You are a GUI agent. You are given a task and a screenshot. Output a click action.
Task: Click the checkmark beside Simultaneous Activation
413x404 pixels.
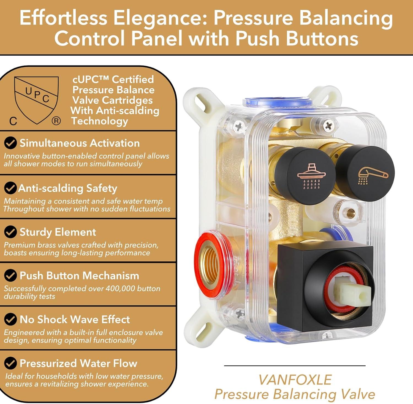(x=10, y=143)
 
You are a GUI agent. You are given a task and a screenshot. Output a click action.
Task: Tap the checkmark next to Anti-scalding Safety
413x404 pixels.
(x=10, y=188)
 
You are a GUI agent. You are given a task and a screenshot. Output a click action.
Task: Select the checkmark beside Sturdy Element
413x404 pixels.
(x=10, y=232)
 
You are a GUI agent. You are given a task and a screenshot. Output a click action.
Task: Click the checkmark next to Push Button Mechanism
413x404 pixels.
(x=10, y=276)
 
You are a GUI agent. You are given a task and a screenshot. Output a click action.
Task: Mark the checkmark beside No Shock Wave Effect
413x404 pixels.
(x=10, y=319)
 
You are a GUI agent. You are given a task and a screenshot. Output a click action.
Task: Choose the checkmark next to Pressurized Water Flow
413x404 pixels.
(x=10, y=363)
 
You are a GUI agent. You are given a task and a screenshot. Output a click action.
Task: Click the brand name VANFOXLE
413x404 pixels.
(x=295, y=380)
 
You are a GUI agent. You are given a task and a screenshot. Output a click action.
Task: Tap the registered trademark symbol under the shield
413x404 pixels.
(x=56, y=121)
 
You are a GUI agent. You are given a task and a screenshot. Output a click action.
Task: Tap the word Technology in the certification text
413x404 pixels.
(x=100, y=121)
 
